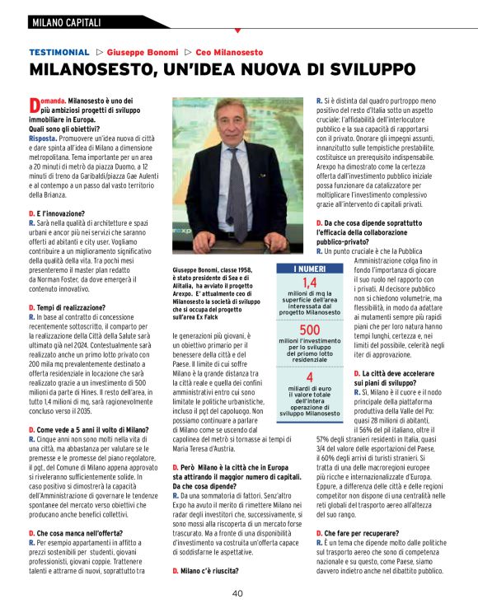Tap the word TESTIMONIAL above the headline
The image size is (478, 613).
click(59, 51)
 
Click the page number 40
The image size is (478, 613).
click(237, 593)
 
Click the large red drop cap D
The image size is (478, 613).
click(34, 105)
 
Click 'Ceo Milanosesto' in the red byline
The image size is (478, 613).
click(233, 51)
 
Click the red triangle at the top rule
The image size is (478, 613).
click(237, 30)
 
